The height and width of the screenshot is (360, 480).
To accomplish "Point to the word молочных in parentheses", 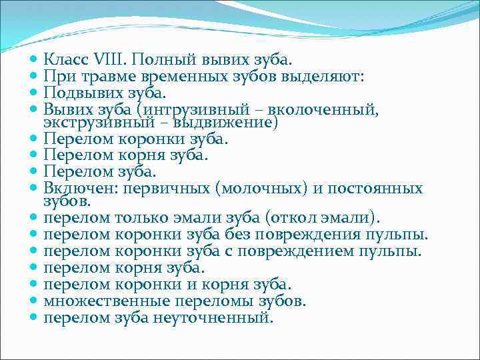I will [x=263, y=188].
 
